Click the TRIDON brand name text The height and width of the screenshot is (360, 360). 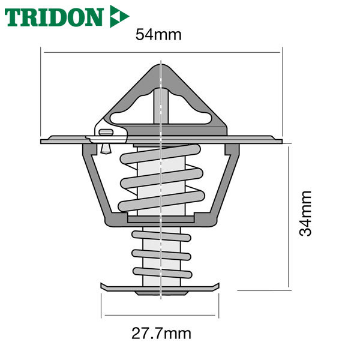click(x=53, y=17)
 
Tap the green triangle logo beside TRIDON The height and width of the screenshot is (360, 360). click(x=119, y=16)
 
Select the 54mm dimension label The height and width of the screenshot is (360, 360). click(x=158, y=35)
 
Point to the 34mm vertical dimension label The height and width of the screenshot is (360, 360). click(x=305, y=214)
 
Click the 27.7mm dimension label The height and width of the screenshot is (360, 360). click(x=161, y=334)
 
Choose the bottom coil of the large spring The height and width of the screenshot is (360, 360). click(x=161, y=201)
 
